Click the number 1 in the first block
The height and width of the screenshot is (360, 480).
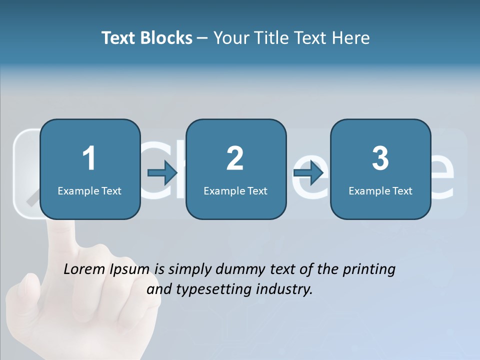[89, 158]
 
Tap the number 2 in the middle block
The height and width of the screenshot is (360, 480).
[235, 158]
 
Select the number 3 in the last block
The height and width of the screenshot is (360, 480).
[380, 158]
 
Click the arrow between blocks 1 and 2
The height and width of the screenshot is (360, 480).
[163, 173]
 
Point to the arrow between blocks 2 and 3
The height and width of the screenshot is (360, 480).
[308, 173]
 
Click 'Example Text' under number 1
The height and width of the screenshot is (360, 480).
[89, 190]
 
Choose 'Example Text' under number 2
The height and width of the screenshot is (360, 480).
[235, 190]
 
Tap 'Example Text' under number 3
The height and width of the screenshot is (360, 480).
[380, 190]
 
